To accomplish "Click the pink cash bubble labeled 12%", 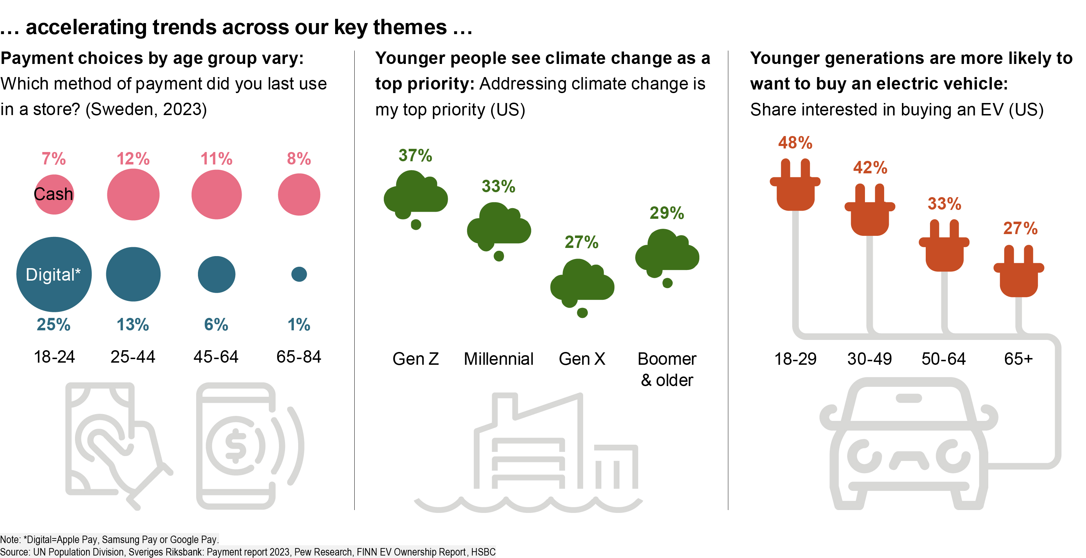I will point(133,194).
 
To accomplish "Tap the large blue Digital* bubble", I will point(54,274).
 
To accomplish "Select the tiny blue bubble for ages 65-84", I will point(299,274).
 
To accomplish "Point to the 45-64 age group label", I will point(216,357).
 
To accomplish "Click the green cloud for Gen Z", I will point(415,196).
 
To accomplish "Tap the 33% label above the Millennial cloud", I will point(498,186).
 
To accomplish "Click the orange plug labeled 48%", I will point(795,185).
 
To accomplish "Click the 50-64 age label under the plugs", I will point(943,359).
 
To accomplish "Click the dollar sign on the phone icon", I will point(236,445).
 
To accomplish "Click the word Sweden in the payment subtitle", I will point(122,110).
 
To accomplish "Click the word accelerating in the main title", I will point(86,27).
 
